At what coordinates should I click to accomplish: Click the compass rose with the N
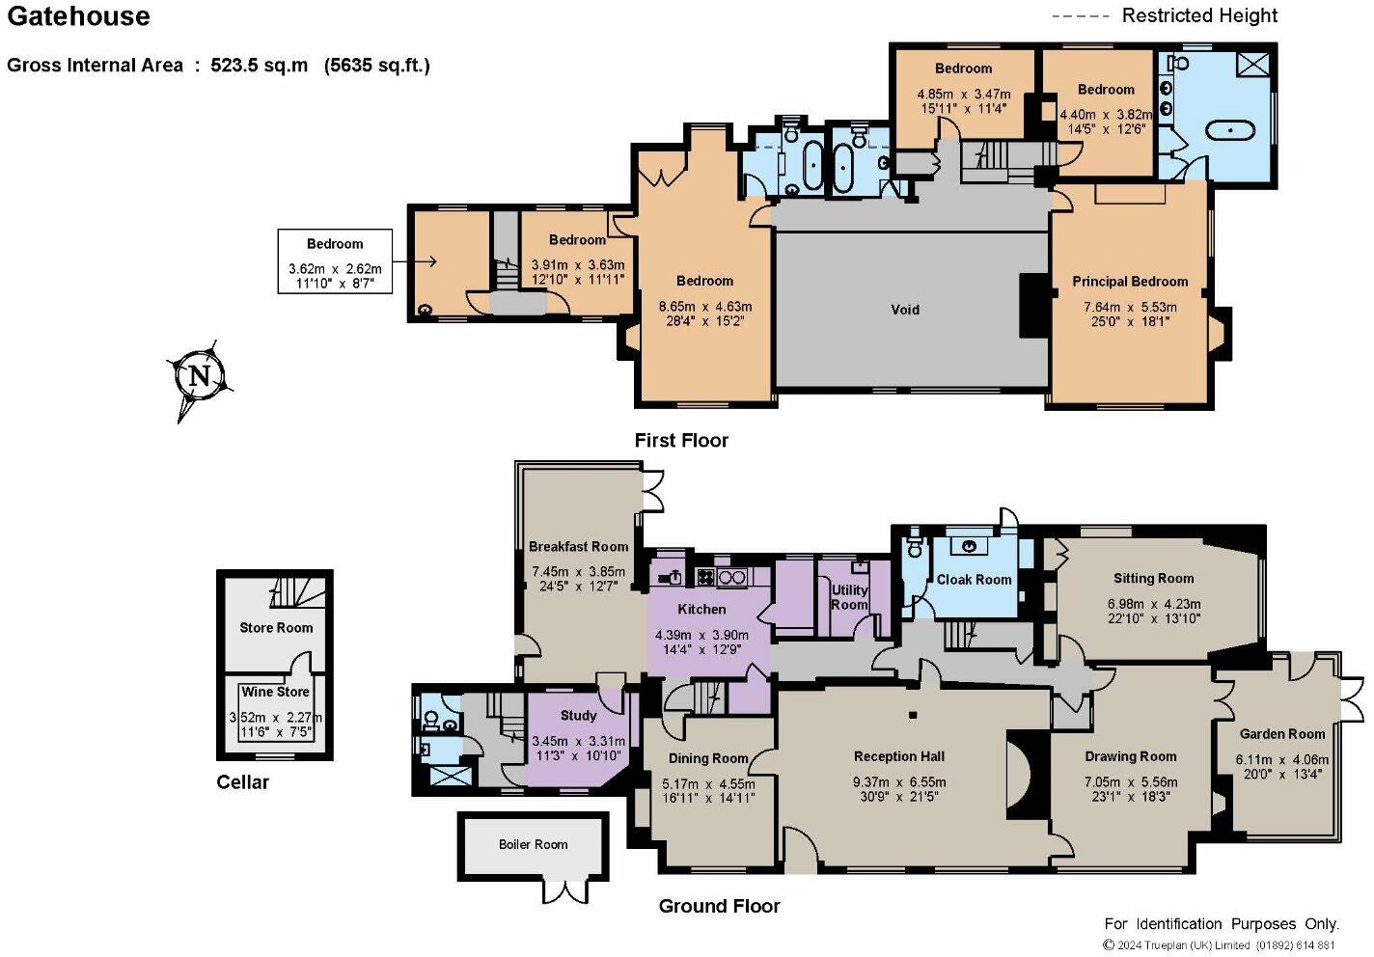pos(200,375)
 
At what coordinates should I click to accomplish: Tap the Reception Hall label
pos(899,756)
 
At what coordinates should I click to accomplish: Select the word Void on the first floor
pos(905,309)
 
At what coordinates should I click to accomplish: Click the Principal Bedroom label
pos(1130,282)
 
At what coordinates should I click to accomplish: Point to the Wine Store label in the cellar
pos(275,692)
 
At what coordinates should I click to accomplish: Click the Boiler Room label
pos(533,844)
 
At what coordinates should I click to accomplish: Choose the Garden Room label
pos(1282,734)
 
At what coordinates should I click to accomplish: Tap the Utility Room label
pos(849,597)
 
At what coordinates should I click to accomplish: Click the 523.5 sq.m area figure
pos(259,65)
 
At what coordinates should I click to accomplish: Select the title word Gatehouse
pos(78,16)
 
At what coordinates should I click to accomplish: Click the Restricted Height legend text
pos(1199,15)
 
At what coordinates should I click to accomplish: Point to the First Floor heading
pos(681,440)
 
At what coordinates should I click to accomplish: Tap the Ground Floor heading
pos(719,906)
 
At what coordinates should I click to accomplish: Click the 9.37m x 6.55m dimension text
pos(899,782)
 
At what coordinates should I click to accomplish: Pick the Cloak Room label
pos(974,579)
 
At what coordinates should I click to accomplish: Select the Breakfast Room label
pos(578,546)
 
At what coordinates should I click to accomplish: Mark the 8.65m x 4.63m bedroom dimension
pos(704,306)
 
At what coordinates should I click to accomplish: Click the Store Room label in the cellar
pos(276,628)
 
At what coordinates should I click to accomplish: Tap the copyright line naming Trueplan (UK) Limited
pos(1219,945)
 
